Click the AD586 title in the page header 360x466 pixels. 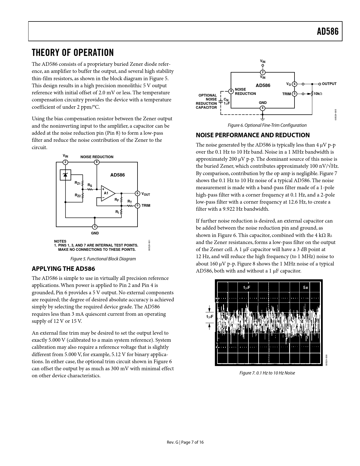tap(328, 31)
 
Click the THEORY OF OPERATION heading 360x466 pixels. tap(73, 53)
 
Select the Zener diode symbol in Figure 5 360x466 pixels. tap(66, 175)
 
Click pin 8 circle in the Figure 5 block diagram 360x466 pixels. tap(97, 162)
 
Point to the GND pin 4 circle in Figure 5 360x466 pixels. tap(95, 227)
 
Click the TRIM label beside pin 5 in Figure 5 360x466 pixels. tap(146, 206)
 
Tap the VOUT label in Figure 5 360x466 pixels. tap(145, 194)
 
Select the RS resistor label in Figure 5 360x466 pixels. tap(90, 185)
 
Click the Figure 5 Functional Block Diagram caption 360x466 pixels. tap(103, 259)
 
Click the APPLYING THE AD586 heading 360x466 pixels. tap(63, 269)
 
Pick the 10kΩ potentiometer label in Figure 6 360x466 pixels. tap(318, 94)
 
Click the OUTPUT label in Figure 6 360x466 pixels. tap(329, 84)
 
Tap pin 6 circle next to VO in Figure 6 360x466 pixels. tap(294, 84)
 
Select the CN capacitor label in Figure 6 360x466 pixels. tap(226, 100)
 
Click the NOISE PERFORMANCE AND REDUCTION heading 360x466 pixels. tap(253, 135)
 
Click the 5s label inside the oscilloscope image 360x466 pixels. tap(306, 288)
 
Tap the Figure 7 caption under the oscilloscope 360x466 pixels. tap(267, 373)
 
